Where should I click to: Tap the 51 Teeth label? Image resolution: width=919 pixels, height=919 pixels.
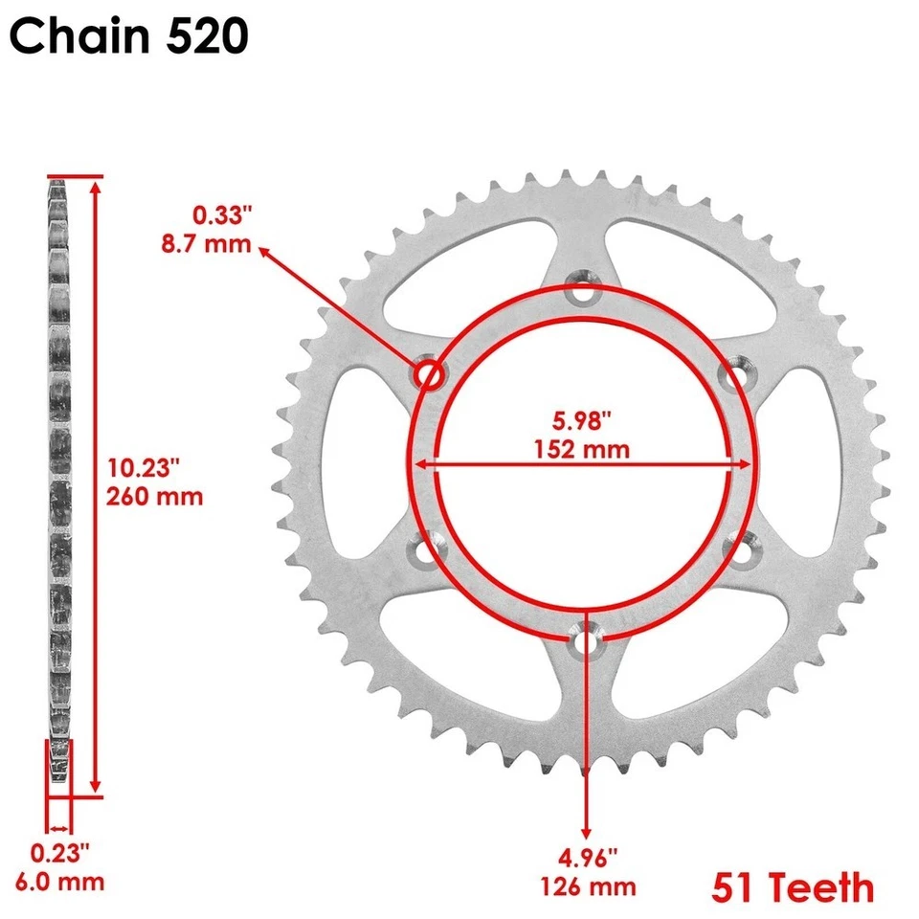793,886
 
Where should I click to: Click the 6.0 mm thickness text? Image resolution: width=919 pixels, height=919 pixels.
66,882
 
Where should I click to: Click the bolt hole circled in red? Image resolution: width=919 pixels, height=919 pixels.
427,375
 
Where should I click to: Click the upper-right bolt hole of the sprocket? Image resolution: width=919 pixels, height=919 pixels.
735,375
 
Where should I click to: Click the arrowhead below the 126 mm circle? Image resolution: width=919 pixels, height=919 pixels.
586,831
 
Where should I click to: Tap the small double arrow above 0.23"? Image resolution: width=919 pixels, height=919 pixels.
59,828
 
